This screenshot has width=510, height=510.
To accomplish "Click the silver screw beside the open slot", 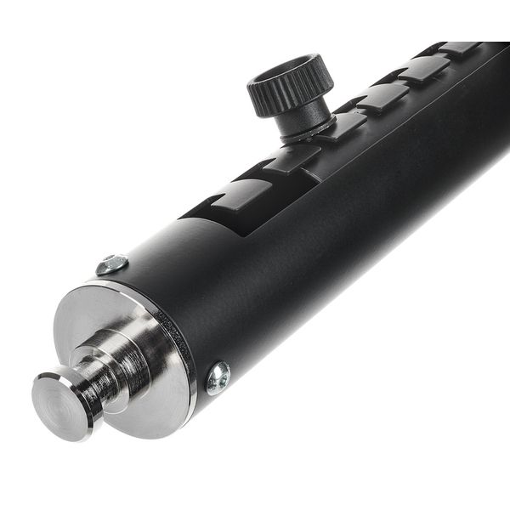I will (111, 264).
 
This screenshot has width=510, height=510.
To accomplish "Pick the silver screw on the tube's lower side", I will (218, 377).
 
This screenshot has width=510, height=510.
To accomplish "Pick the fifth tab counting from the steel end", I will (423, 69).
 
